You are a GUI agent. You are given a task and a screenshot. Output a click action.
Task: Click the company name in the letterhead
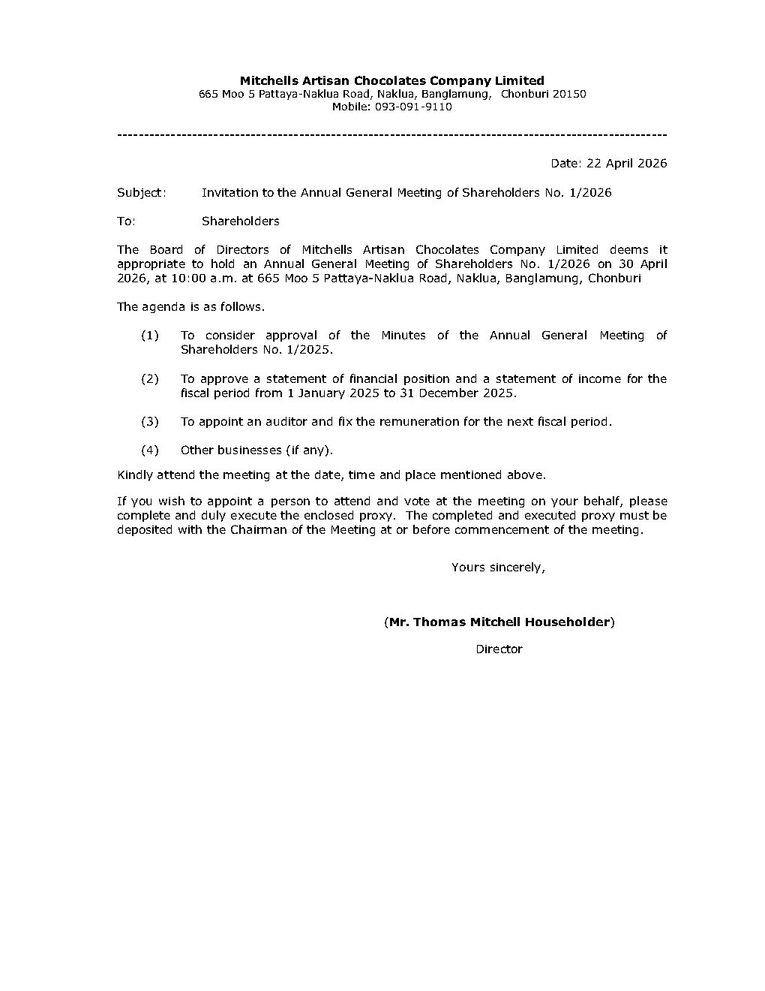pos(391,80)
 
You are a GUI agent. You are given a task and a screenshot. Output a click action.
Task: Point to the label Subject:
pos(141,192)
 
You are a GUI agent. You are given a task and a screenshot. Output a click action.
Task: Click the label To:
pos(126,221)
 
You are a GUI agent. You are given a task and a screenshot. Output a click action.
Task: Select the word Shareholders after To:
pos(240,221)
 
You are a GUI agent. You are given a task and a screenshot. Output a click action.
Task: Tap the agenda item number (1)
pos(150,335)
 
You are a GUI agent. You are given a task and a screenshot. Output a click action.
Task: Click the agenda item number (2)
pos(150,378)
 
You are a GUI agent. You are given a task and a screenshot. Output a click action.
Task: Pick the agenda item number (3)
pos(150,421)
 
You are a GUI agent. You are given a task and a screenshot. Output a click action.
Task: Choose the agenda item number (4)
pos(150,450)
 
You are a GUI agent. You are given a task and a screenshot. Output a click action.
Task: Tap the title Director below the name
pos(499,649)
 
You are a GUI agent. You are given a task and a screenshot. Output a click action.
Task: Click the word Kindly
pos(135,474)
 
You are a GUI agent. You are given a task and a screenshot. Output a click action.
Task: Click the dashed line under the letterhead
pos(392,134)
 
